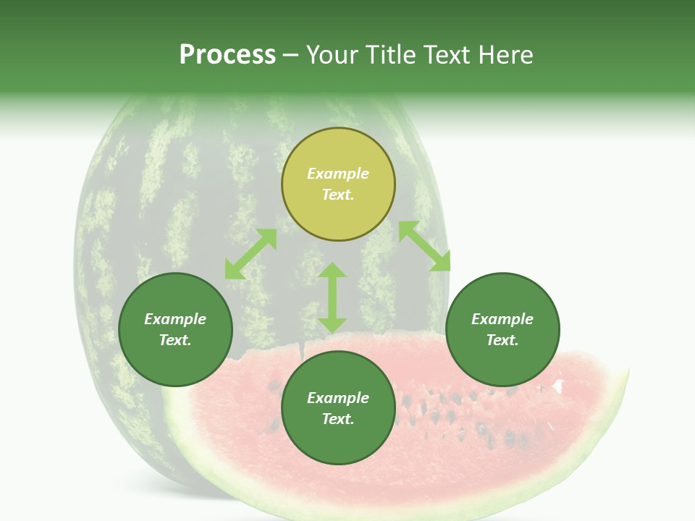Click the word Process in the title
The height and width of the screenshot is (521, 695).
227,55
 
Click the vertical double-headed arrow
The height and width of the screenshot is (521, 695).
332,297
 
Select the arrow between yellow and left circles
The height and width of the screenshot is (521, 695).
250,254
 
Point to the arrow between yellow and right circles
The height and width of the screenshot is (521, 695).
424,246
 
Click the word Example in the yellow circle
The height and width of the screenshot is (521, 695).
338,174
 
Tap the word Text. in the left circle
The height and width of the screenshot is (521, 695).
175,340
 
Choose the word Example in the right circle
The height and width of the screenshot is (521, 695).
502,319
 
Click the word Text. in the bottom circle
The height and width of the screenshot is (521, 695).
338,419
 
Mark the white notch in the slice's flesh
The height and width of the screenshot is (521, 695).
558,386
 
